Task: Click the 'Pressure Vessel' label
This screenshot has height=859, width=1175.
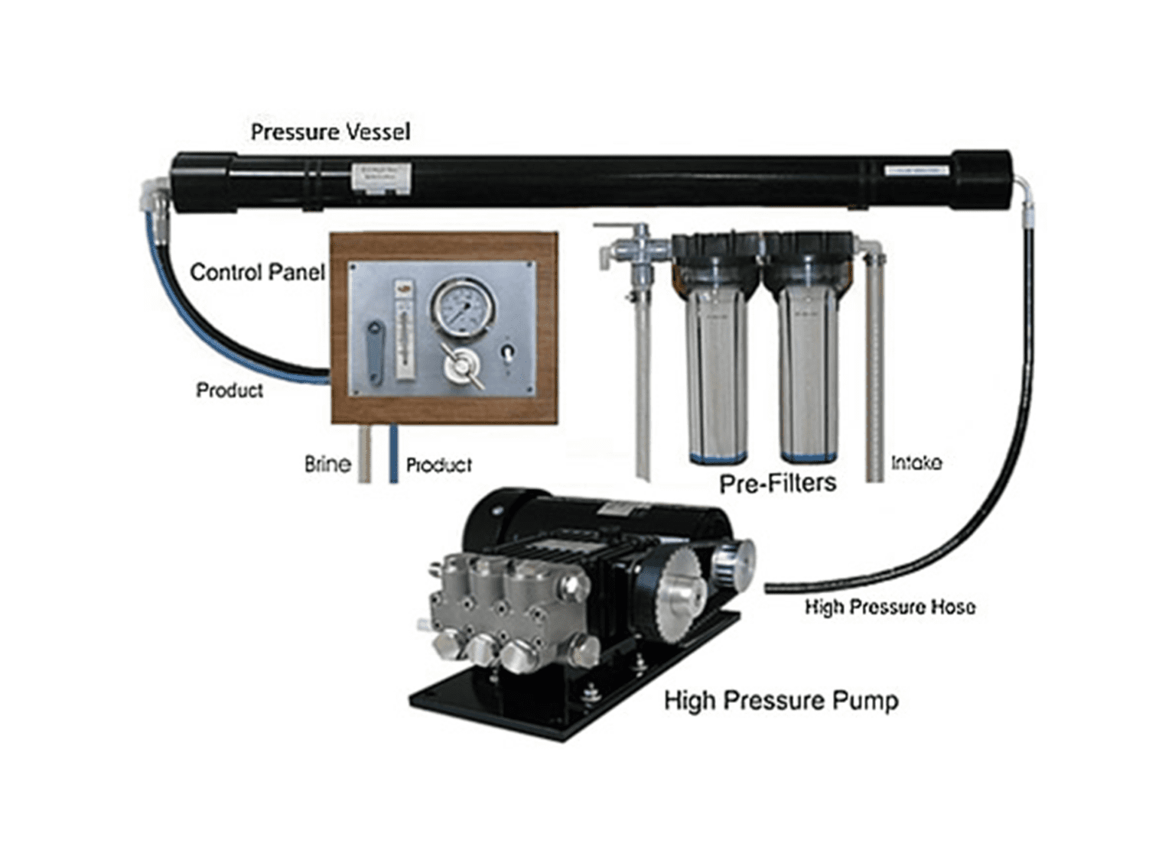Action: pos(330,132)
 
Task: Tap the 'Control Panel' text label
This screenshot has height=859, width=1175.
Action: pos(257,272)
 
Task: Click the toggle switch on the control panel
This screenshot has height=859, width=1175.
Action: pos(506,352)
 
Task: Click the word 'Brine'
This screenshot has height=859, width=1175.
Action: pos(327,465)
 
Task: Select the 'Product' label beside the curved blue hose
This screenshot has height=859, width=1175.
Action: pos(229,391)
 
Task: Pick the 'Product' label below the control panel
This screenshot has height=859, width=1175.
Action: pos(438,465)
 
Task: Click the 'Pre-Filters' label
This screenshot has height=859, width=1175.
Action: pos(777,483)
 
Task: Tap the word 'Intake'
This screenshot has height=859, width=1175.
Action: pos(916,463)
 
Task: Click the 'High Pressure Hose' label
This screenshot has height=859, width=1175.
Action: pos(889,608)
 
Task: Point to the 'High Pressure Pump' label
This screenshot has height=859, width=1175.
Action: pos(780,701)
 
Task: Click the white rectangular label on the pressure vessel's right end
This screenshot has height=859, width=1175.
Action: pos(917,171)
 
